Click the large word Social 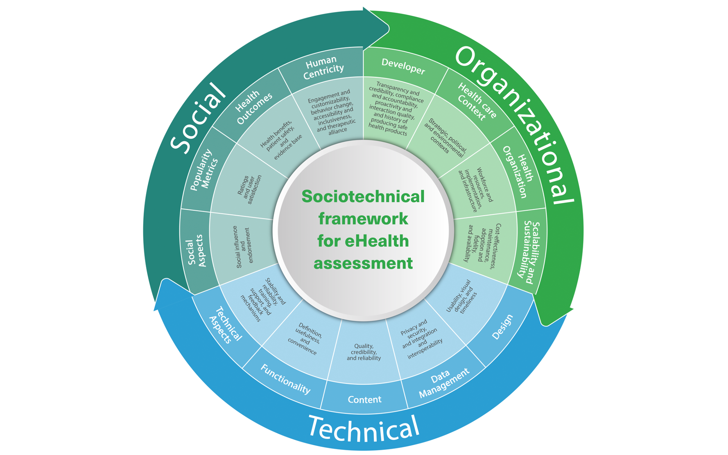point(197,117)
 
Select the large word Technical point(364,428)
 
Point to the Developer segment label point(403,66)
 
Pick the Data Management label point(443,383)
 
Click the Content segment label point(364,399)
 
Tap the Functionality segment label point(285,379)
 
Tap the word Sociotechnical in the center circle point(363,196)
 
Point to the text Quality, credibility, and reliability point(364,352)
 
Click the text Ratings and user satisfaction point(249,189)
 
